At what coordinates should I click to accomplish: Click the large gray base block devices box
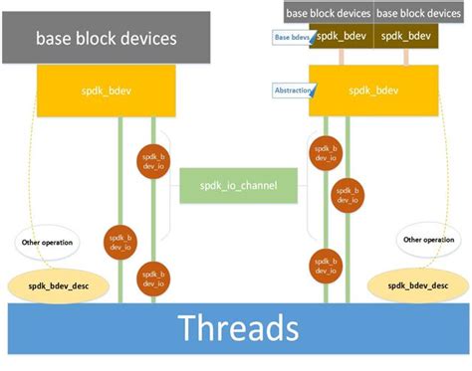[x=106, y=39]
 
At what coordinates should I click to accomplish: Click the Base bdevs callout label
[x=294, y=38]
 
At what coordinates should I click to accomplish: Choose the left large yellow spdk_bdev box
[x=106, y=90]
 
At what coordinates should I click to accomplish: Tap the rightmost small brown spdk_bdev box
[x=405, y=36]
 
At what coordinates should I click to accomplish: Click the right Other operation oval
[x=427, y=240]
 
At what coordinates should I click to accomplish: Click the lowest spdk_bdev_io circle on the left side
[x=152, y=276]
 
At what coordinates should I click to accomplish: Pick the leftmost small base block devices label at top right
[x=329, y=13]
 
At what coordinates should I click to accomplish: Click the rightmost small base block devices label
[x=417, y=13]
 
